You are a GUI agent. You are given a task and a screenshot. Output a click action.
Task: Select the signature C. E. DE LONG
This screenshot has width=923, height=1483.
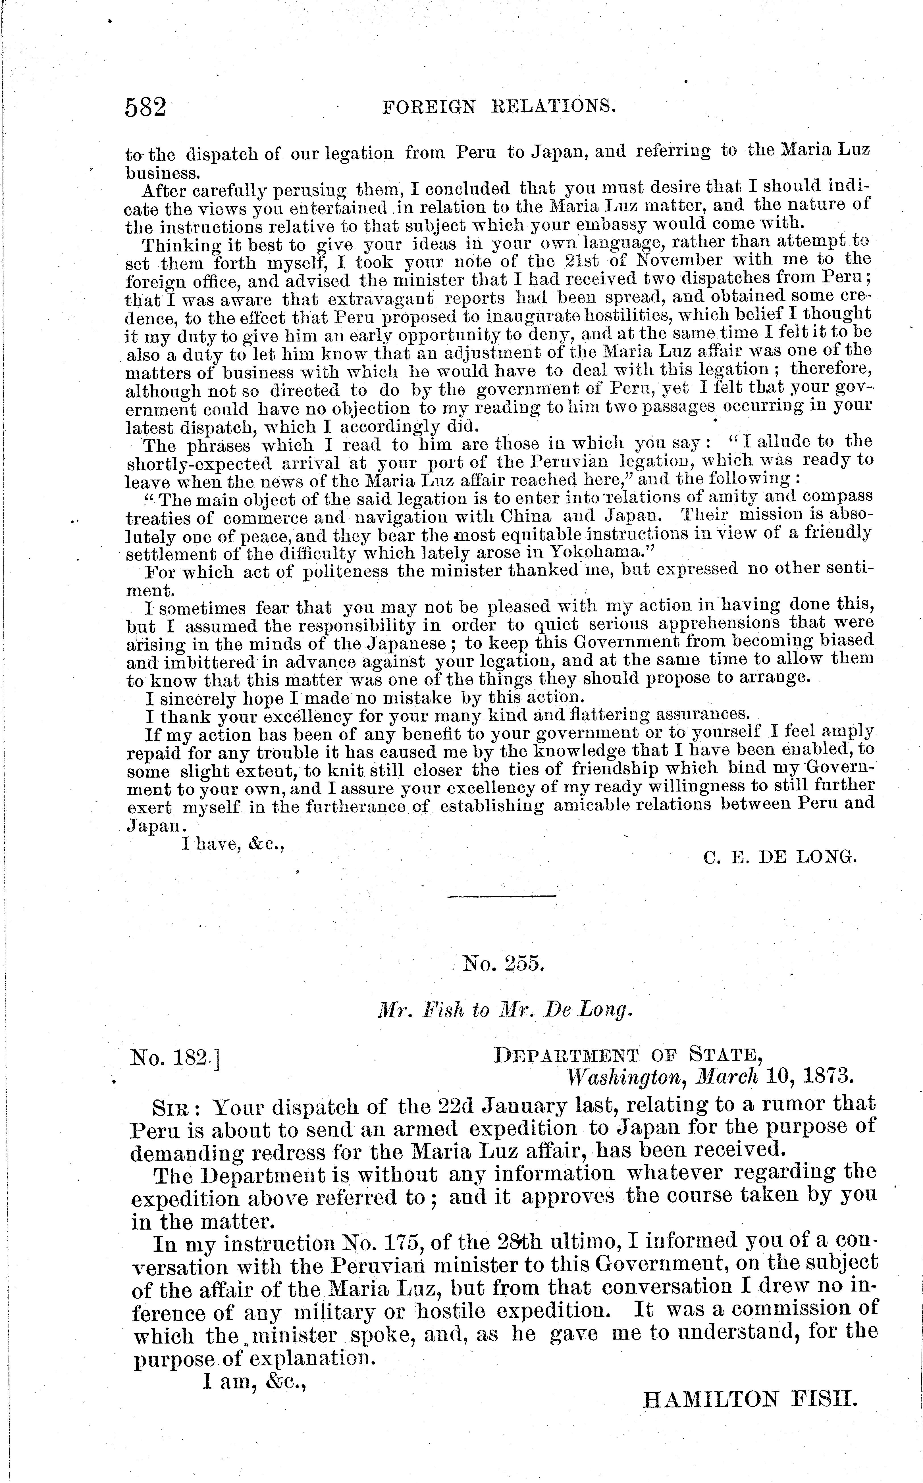780,857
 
